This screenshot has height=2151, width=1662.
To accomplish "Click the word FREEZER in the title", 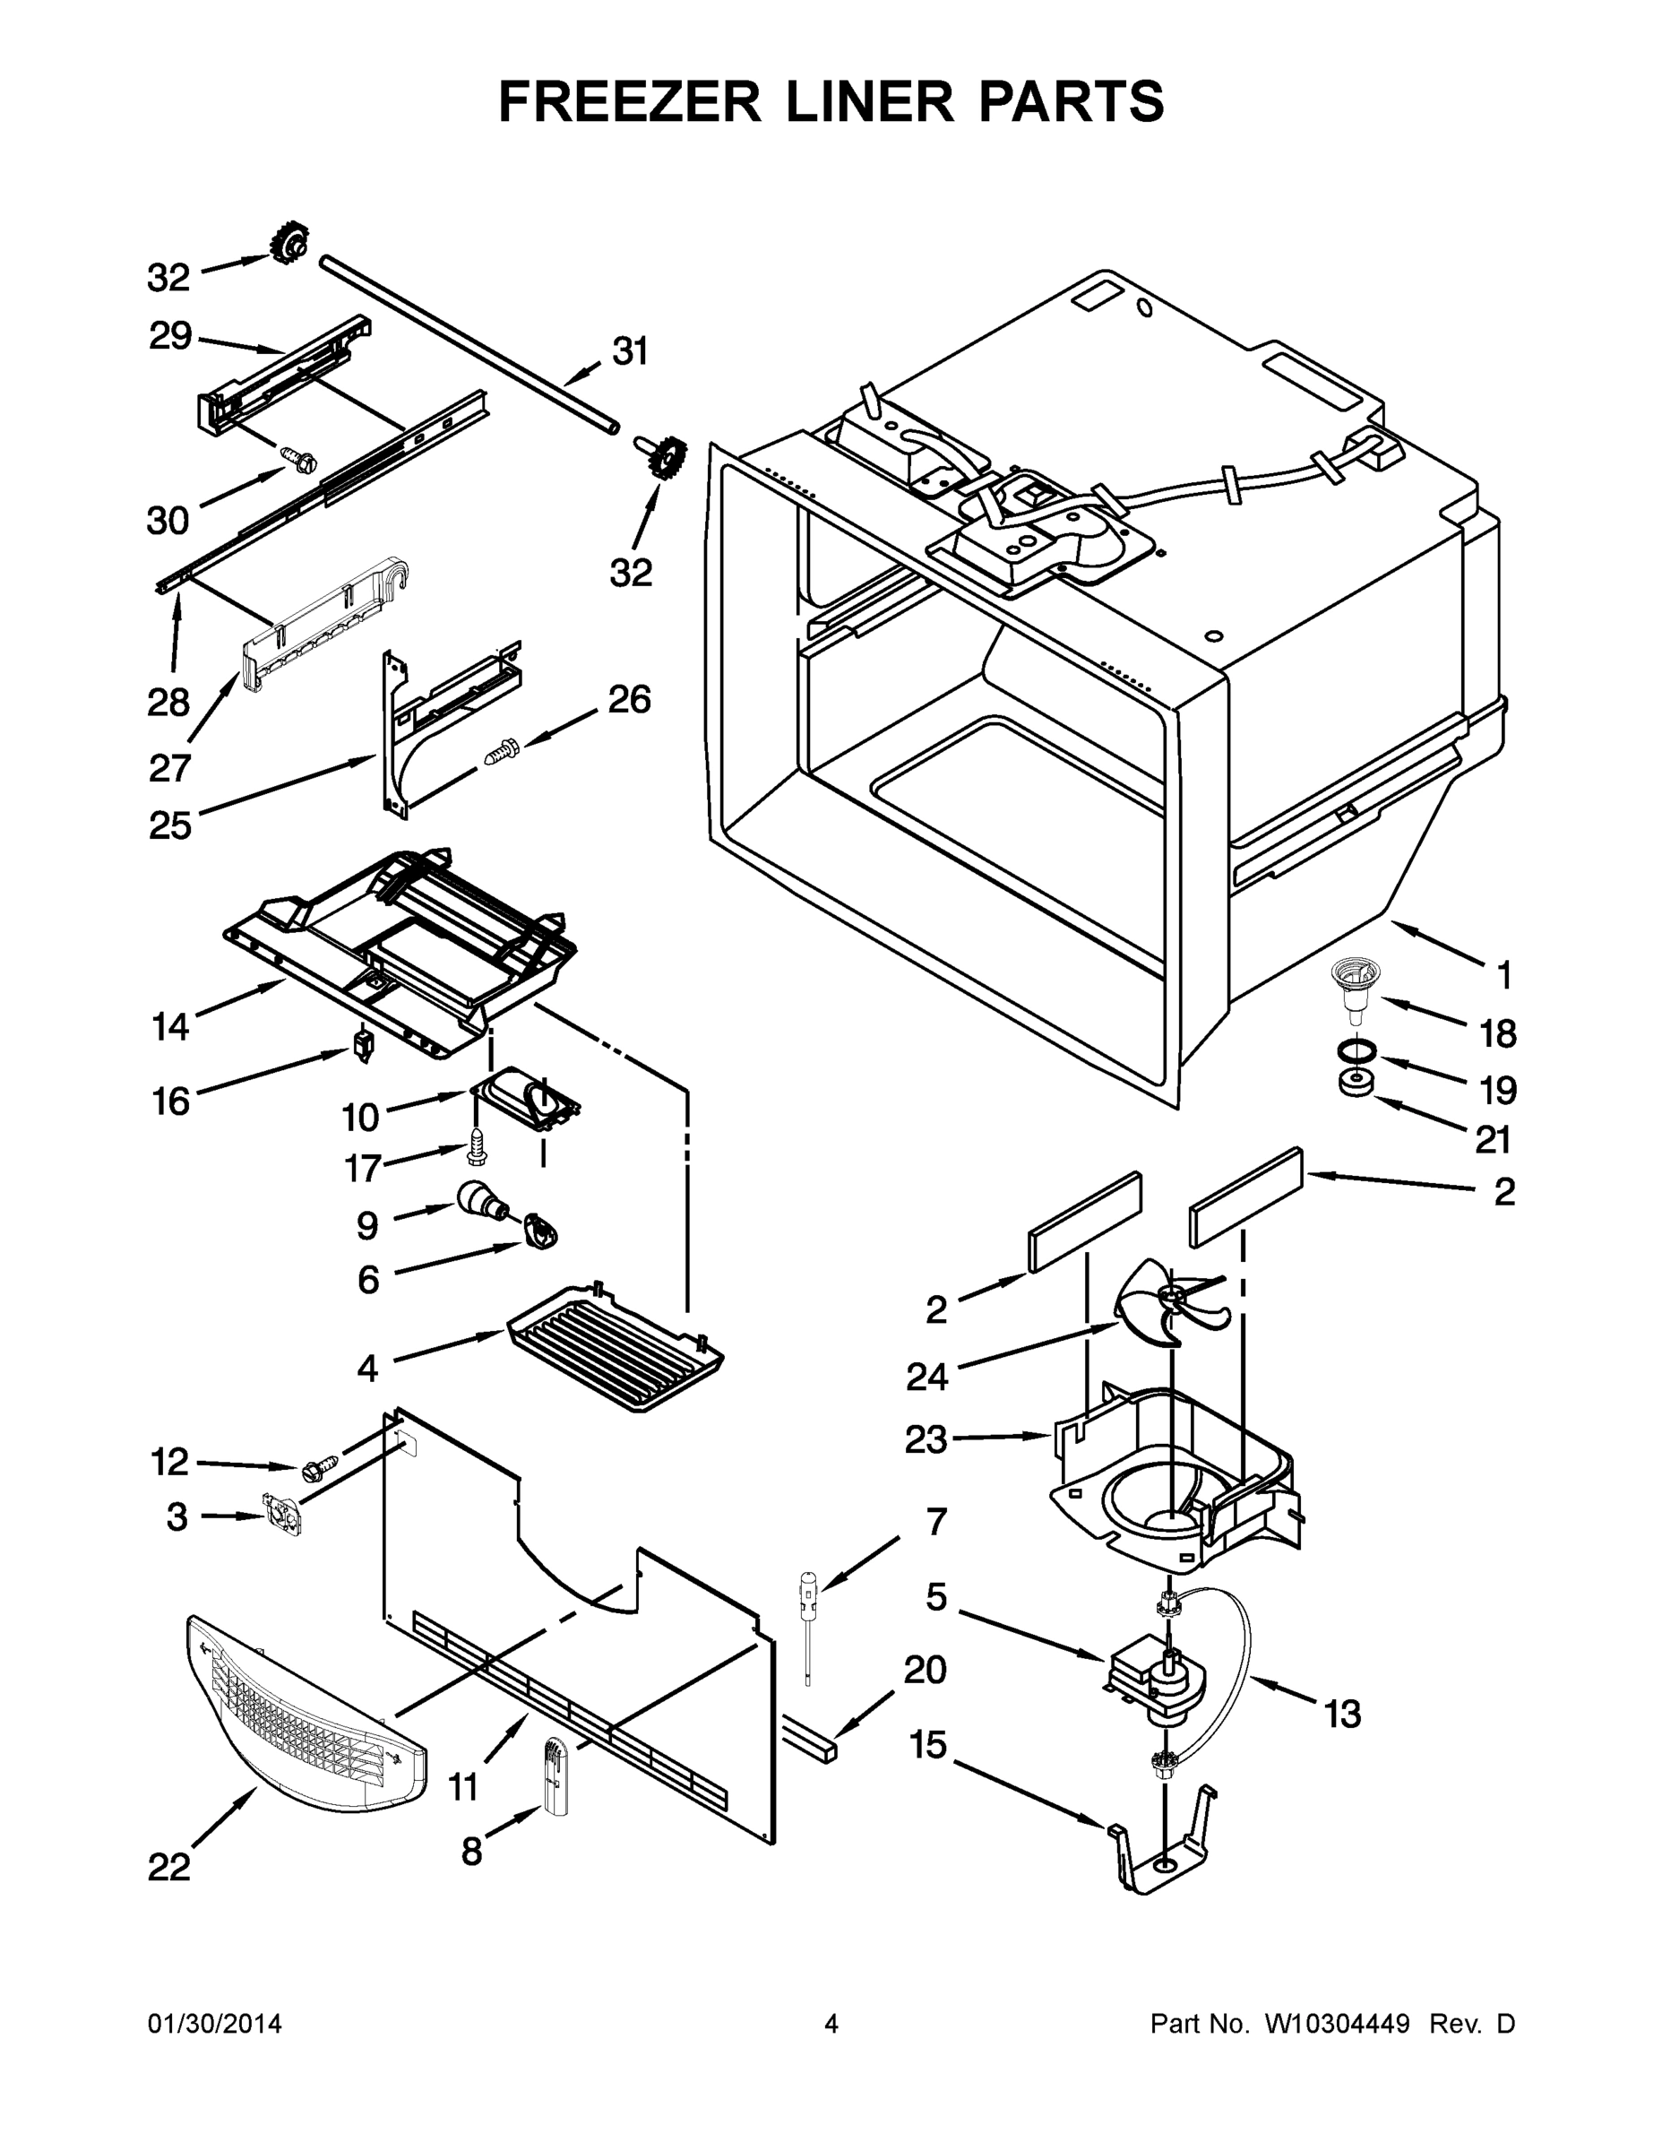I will click(629, 101).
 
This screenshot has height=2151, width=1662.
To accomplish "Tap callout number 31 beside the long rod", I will click(630, 351).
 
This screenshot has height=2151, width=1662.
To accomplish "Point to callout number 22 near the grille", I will click(168, 1868).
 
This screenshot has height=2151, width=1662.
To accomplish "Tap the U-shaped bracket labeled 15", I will click(1162, 1844).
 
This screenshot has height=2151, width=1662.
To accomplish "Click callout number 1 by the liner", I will click(1503, 975).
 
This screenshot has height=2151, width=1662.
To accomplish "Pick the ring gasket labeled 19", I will click(1356, 1051).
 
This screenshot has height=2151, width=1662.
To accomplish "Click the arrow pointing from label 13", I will click(1280, 1691).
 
